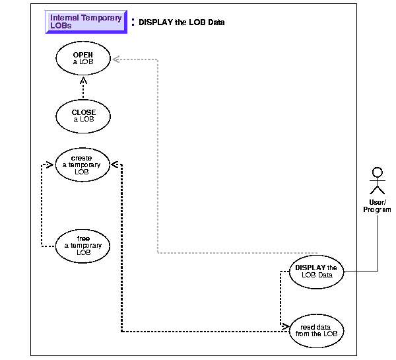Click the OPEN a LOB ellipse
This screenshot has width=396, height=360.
coord(83,59)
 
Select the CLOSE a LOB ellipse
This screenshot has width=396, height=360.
coord(83,115)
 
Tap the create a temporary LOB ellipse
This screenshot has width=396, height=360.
coord(83,164)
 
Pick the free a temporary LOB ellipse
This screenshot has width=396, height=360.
coord(83,245)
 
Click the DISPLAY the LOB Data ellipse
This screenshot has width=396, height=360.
coord(316,271)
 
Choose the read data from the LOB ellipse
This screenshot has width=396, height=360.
coord(316,329)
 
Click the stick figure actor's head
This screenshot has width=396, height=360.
coord(377,173)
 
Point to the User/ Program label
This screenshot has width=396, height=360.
coord(377,205)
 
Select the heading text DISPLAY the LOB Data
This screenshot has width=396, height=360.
coord(181,22)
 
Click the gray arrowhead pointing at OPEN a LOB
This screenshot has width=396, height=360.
coord(115,59)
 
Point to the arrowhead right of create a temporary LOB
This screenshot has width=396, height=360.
coord(117,164)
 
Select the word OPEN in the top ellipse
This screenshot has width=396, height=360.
coord(83,56)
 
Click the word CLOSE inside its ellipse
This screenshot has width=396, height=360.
coord(83,112)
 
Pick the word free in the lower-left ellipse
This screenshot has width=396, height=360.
coord(83,238)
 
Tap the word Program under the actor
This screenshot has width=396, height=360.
coord(377,209)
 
